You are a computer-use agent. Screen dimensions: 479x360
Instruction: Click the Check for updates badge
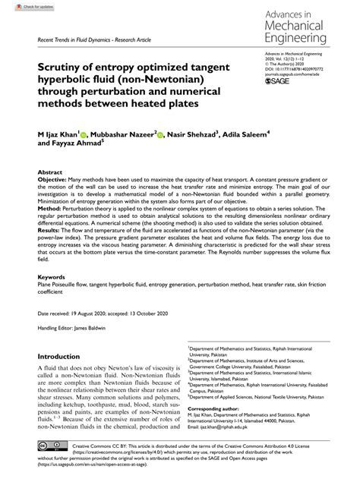21,6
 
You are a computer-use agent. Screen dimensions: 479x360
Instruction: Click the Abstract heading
50,172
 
